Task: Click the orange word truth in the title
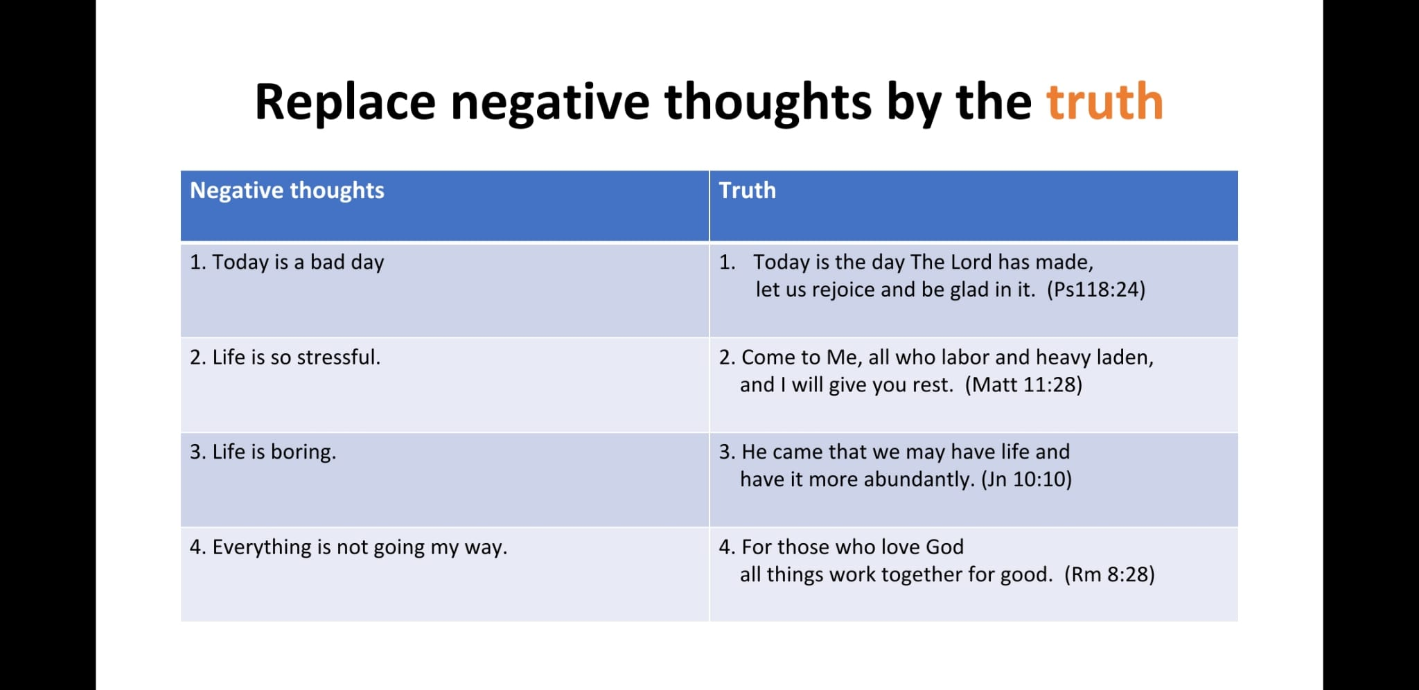[1104, 102]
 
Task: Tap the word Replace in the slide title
[345, 102]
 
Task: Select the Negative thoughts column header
[287, 191]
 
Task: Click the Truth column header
[747, 191]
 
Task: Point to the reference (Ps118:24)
[1096, 290]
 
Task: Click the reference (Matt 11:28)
[1023, 384]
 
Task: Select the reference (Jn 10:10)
[1026, 479]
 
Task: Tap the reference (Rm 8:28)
[1109, 574]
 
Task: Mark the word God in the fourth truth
[944, 547]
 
